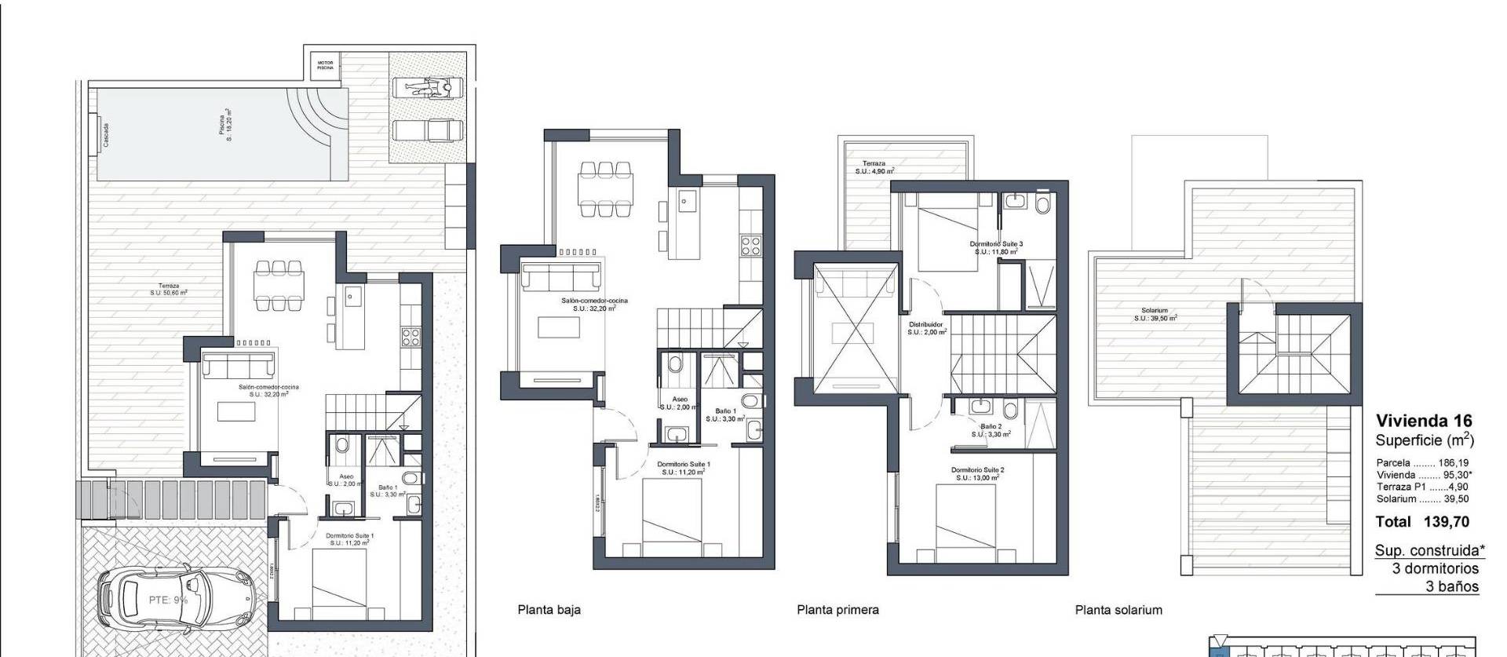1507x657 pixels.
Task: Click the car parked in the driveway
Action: tap(177, 601)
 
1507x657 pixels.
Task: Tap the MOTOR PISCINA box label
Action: tap(325, 65)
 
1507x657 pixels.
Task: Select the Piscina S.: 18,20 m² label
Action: tap(226, 125)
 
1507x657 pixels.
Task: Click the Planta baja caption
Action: tap(549, 610)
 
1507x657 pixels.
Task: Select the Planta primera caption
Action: tap(837, 610)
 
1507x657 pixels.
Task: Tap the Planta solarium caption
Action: tap(1118, 610)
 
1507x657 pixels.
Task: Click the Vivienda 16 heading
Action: tap(1424, 421)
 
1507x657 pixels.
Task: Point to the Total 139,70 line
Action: tap(1422, 522)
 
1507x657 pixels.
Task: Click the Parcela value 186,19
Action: tap(1453, 463)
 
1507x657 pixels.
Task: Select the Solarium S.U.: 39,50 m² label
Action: tap(1155, 315)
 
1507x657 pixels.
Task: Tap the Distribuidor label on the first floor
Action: tap(926, 328)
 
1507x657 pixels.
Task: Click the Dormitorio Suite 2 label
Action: tap(977, 473)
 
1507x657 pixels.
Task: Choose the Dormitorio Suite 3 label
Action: tap(997, 248)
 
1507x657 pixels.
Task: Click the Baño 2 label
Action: tap(991, 430)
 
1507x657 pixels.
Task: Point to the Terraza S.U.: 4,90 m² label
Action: tap(874, 167)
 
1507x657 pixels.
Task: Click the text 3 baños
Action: tap(1452, 586)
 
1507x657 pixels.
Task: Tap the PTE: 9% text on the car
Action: tap(168, 600)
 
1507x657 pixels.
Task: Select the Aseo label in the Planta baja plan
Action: tap(679, 403)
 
